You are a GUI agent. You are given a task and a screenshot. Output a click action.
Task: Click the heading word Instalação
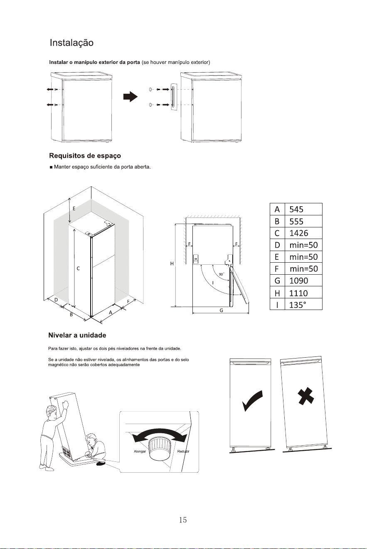(71, 43)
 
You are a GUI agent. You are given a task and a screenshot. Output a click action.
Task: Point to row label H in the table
(277, 293)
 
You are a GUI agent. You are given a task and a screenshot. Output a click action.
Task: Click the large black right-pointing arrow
(131, 97)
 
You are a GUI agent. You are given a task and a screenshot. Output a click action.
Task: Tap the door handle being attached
(173, 97)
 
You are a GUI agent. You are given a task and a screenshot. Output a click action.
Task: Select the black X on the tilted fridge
(305, 395)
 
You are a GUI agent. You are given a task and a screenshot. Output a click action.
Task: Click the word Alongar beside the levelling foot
(140, 451)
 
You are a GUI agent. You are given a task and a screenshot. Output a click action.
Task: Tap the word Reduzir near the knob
(183, 451)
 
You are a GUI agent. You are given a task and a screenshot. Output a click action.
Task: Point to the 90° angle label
(222, 274)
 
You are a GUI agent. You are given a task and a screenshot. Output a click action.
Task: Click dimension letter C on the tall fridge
(78, 268)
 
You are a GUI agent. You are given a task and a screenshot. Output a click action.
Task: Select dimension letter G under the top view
(221, 310)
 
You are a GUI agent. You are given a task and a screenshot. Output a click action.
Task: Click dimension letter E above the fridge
(74, 209)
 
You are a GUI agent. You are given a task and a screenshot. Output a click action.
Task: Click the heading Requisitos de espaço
(85, 156)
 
